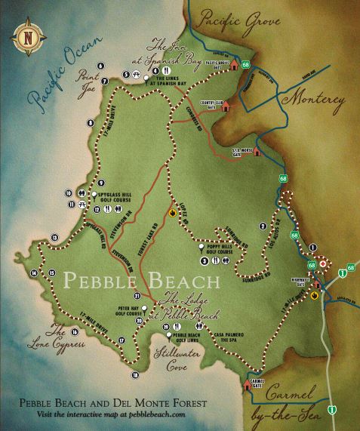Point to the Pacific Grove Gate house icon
(235, 63)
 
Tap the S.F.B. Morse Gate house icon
(257, 150)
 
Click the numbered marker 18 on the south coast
(136, 374)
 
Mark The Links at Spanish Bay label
(175, 79)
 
